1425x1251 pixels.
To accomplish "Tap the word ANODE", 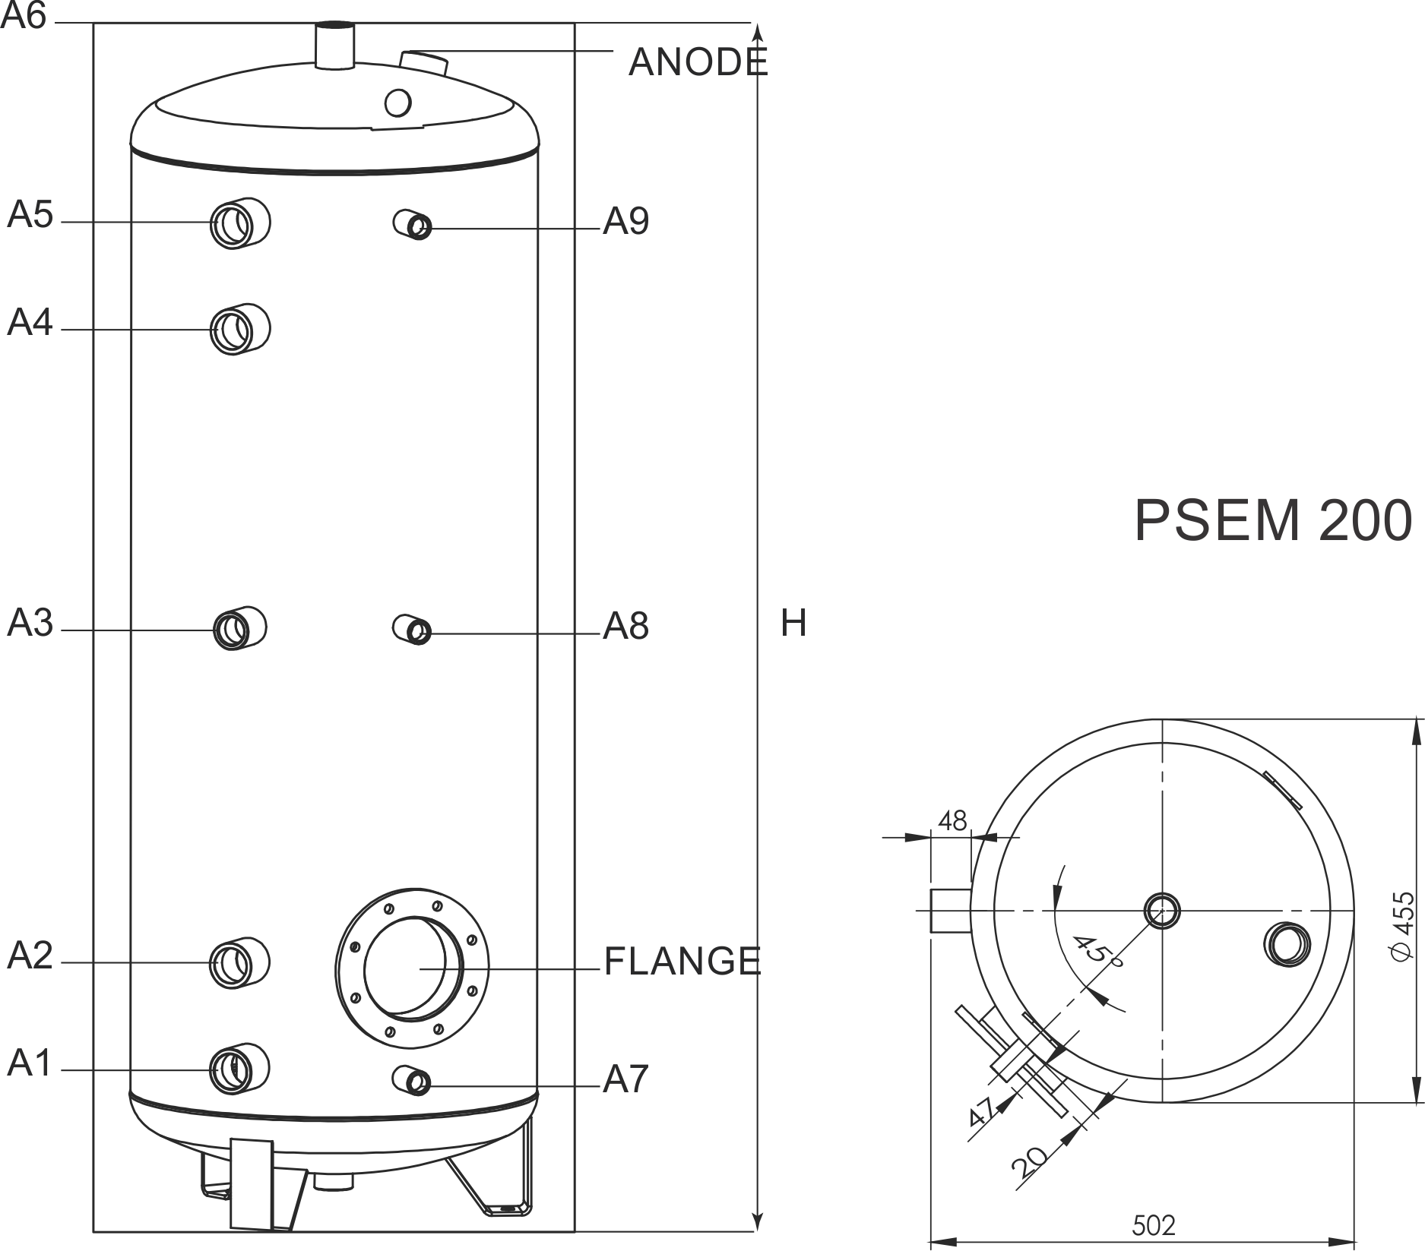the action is click(698, 62).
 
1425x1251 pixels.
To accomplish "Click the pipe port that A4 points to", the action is click(240, 329).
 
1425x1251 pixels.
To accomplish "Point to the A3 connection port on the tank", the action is click(239, 628).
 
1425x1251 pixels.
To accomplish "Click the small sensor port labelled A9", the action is click(413, 224).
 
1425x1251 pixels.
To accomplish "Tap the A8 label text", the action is click(625, 627).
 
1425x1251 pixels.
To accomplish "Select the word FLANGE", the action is click(682, 961).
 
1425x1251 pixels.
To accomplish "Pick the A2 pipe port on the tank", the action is click(240, 962).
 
